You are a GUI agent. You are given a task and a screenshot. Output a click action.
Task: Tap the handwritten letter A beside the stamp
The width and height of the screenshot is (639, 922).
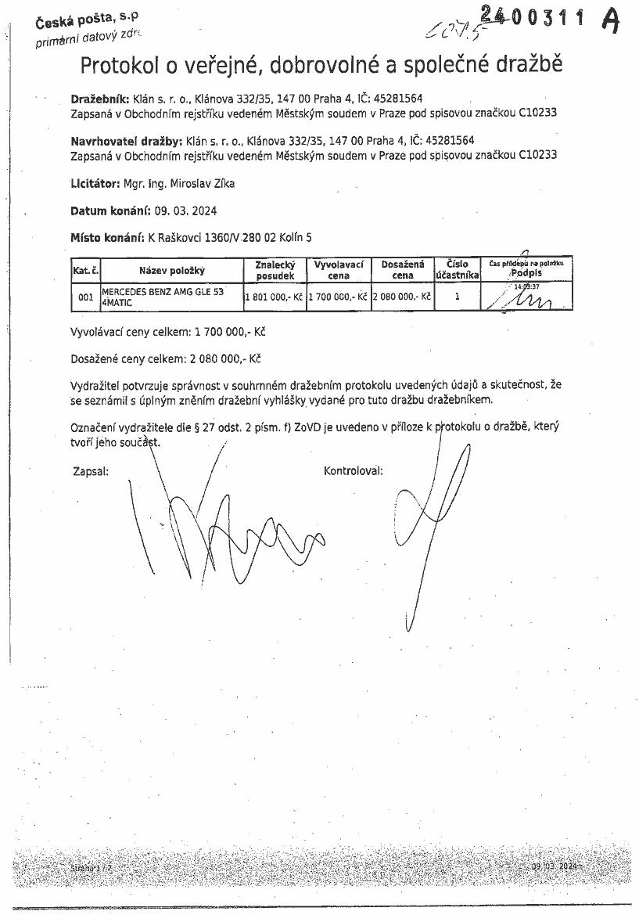[611, 20]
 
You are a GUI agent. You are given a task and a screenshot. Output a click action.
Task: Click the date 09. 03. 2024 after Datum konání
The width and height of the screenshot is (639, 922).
[186, 211]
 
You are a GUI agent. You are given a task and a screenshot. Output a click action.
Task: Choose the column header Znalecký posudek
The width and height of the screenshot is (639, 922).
[275, 270]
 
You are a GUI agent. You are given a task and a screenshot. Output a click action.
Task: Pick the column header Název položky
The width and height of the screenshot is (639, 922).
[171, 271]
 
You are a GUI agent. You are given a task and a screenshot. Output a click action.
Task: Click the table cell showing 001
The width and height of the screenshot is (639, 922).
[85, 297]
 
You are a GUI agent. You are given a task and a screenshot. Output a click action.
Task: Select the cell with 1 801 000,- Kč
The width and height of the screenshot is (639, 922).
[275, 297]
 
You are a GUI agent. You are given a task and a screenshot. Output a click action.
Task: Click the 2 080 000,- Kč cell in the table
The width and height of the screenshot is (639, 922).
[402, 297]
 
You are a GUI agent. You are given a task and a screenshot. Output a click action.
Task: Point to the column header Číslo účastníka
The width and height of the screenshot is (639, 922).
[457, 270]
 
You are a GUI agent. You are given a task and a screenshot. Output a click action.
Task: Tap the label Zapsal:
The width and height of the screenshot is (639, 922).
[90, 471]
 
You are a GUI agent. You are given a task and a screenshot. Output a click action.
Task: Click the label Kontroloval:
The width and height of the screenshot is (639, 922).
[354, 471]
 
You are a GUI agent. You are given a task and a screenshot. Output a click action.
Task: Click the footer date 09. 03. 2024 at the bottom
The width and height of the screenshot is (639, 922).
[554, 867]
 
